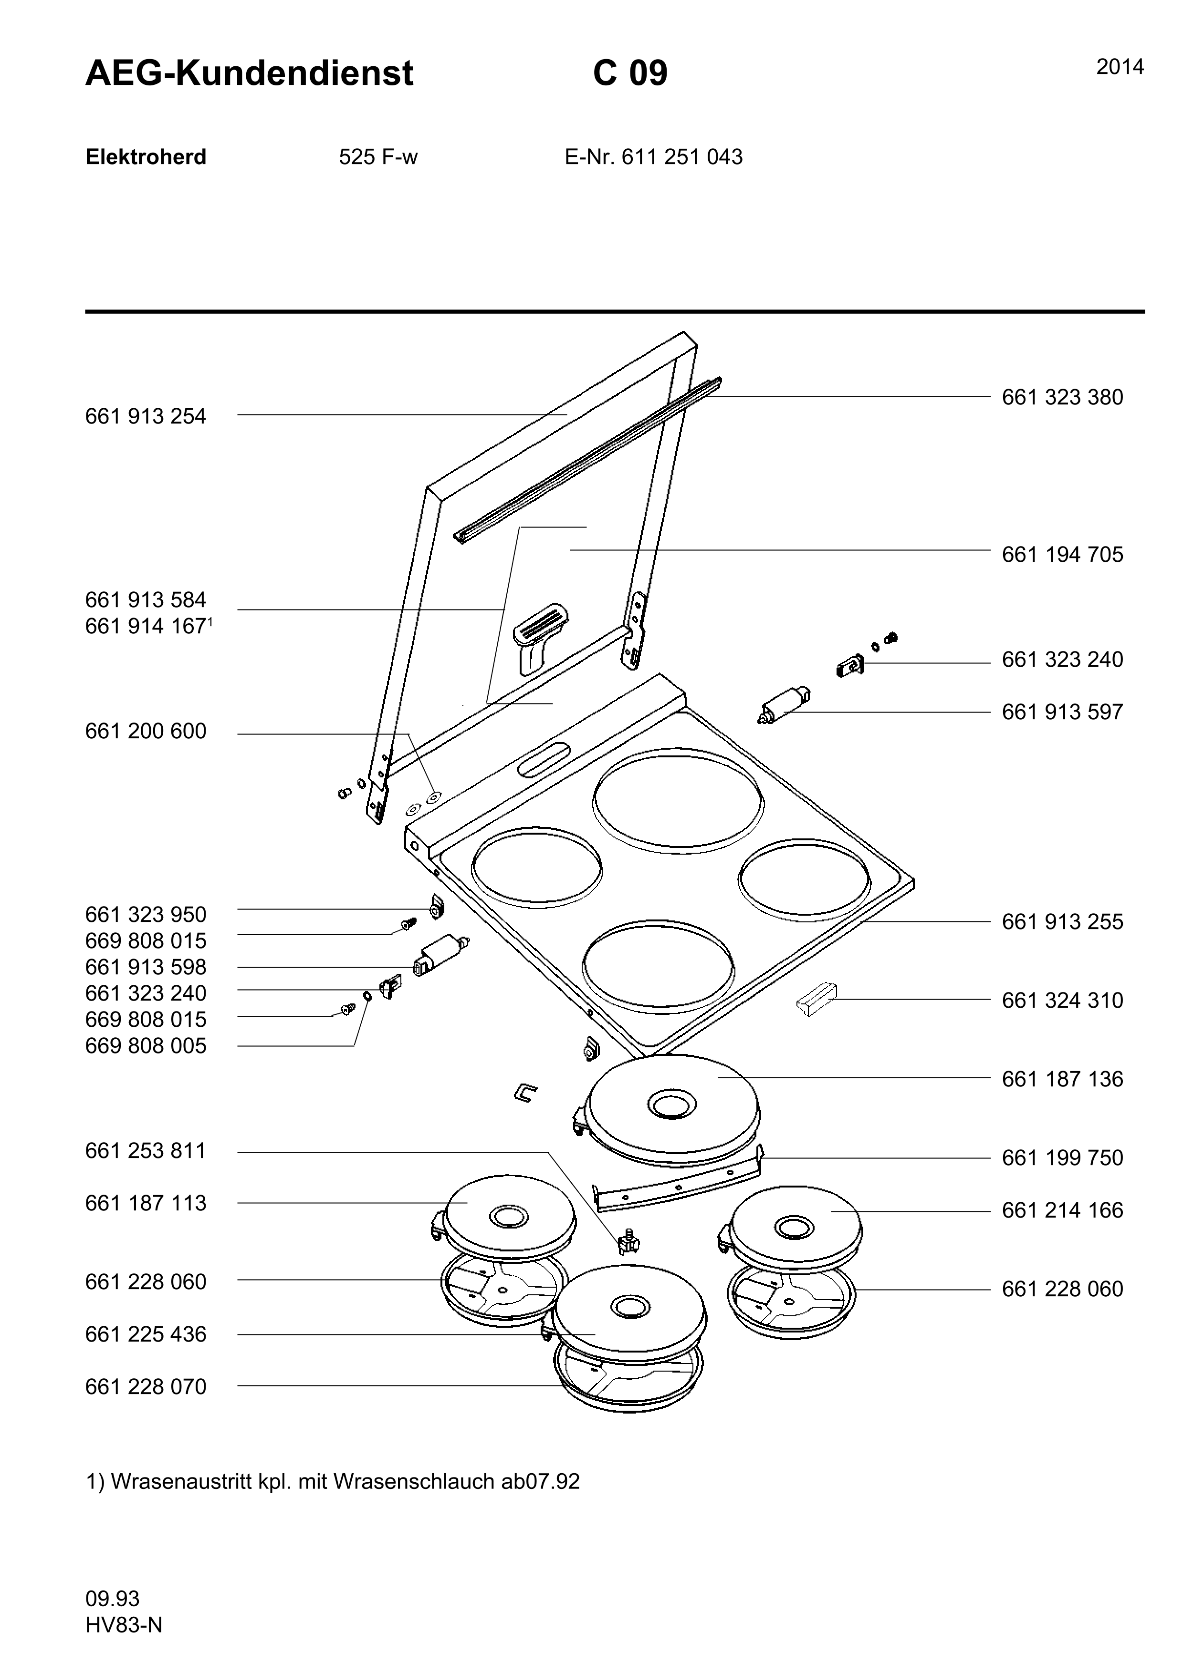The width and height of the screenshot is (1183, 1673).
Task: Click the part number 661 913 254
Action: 146,417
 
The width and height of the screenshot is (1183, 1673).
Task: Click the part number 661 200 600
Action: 146,732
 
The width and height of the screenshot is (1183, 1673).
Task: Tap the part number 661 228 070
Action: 146,1387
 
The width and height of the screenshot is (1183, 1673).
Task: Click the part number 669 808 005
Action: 146,1046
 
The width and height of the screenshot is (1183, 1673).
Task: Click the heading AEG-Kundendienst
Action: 249,73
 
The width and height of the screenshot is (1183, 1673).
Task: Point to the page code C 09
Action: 630,73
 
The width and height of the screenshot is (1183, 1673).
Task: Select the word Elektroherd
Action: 146,157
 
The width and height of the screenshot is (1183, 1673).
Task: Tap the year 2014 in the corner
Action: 1120,68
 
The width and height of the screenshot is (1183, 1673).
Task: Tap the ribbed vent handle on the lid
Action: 539,636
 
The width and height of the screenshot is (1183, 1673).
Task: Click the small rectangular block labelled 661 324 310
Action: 817,999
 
